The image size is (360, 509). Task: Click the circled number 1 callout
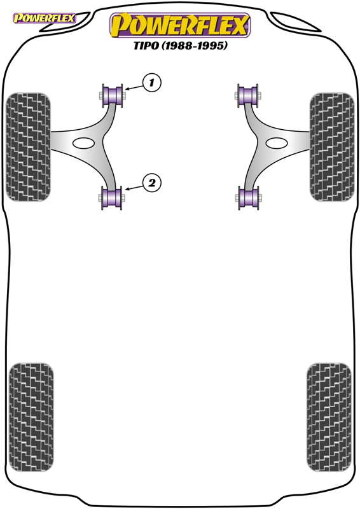151,83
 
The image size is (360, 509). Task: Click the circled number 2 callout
151,183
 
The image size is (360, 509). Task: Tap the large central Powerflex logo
180,25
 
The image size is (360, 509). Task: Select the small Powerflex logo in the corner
44,18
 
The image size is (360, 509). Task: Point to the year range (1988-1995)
195,45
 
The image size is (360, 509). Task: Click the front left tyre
28,147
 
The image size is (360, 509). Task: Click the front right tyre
332,147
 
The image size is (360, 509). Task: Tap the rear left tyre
31,417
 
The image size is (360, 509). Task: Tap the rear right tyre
329,417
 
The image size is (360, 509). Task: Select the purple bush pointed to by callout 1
113,95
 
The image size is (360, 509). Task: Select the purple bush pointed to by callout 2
113,198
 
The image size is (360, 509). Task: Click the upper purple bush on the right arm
248,95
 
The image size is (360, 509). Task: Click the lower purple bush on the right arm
248,198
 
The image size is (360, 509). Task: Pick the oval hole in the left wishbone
83,143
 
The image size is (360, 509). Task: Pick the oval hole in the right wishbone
277,143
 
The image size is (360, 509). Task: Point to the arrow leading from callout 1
134,87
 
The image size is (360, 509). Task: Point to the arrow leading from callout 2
134,187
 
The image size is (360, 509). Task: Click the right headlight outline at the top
295,22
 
